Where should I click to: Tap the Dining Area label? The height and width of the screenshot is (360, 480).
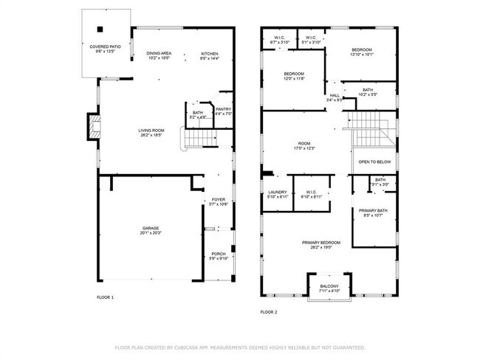pyautogui.click(x=159, y=53)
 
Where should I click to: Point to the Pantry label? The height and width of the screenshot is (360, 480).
pyautogui.click(x=223, y=109)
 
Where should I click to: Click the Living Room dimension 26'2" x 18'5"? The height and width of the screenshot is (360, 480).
pyautogui.click(x=150, y=135)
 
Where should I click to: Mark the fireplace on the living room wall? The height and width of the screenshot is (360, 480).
pyautogui.click(x=92, y=127)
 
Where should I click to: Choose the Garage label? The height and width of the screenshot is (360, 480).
pyautogui.click(x=151, y=229)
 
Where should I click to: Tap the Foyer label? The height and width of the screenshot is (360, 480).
pyautogui.click(x=218, y=199)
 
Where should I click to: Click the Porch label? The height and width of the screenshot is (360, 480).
pyautogui.click(x=218, y=253)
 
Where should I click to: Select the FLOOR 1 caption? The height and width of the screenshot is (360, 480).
pyautogui.click(x=106, y=297)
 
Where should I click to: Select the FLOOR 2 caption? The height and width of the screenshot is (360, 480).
pyautogui.click(x=268, y=312)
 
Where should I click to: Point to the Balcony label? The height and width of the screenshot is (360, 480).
pyautogui.click(x=329, y=286)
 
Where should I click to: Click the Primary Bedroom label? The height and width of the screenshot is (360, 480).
pyautogui.click(x=320, y=243)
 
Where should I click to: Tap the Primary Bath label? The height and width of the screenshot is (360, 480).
pyautogui.click(x=374, y=211)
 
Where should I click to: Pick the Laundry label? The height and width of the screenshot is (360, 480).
pyautogui.click(x=278, y=193)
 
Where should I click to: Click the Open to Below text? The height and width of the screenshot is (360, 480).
pyautogui.click(x=374, y=162)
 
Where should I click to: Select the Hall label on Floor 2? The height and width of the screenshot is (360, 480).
pyautogui.click(x=335, y=95)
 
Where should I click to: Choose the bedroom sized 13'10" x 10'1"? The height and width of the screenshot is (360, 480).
pyautogui.click(x=361, y=49)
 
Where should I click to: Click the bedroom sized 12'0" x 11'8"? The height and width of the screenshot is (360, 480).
pyautogui.click(x=295, y=74)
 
